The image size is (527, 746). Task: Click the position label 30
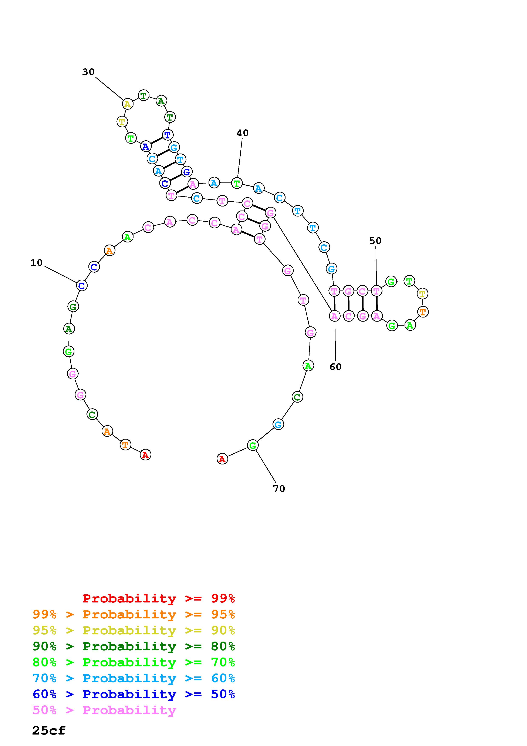[88, 72]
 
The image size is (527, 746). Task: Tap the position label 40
[243, 133]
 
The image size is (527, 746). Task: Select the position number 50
[375, 241]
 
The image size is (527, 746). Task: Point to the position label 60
[335, 367]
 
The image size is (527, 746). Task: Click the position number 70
[279, 489]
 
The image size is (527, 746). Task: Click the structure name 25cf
[49, 730]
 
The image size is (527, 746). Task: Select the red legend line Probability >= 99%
[159, 598]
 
